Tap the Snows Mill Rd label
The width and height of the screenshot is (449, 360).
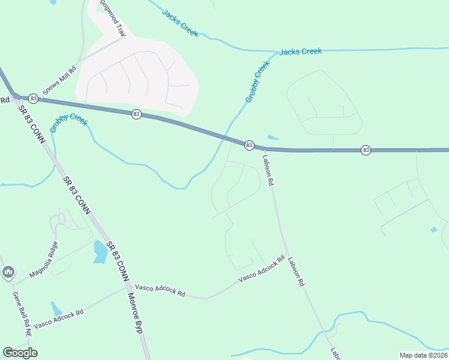pyautogui.click(x=59, y=78)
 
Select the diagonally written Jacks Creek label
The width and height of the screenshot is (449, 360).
pyautogui.click(x=180, y=23)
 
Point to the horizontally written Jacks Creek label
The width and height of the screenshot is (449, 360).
pyautogui.click(x=300, y=52)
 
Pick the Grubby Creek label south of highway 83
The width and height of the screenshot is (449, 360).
pyautogui.click(x=68, y=122)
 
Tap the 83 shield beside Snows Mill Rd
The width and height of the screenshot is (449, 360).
pyautogui.click(x=33, y=98)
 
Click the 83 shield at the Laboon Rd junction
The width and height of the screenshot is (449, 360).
pyautogui.click(x=249, y=145)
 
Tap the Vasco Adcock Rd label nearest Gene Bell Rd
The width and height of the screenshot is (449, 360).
pyautogui.click(x=58, y=316)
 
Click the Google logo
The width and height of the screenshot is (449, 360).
pyautogui.click(x=20, y=353)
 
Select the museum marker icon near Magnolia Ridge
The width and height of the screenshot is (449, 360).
pyautogui.click(x=8, y=272)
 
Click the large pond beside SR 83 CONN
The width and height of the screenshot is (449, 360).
pyautogui.click(x=99, y=251)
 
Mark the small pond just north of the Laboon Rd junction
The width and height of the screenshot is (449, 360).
pyautogui.click(x=273, y=137)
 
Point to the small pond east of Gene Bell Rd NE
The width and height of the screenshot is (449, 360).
pyautogui.click(x=56, y=309)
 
